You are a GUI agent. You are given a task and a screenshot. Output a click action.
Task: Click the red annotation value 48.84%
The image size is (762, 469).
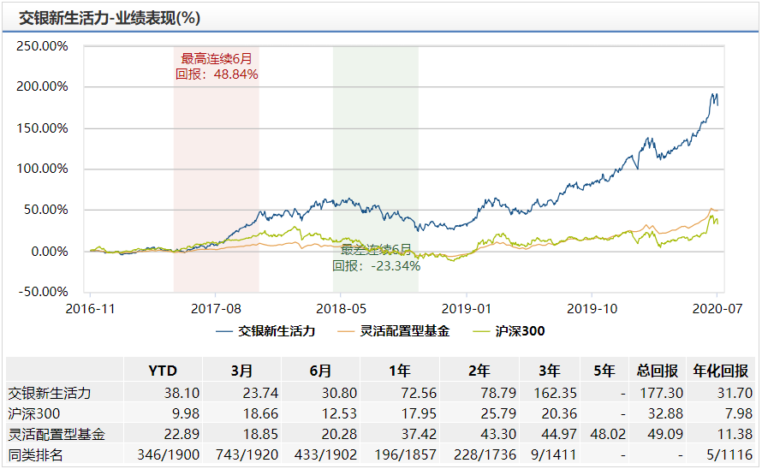(x=230, y=74)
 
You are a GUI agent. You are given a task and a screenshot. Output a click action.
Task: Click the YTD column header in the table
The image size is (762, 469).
(x=162, y=371)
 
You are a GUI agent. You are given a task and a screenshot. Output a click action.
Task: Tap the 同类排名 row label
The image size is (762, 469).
(x=37, y=454)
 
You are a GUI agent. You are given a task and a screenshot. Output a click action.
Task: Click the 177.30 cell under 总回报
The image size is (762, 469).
(x=658, y=393)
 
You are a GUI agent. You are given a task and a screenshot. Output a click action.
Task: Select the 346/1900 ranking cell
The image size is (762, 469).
(x=162, y=454)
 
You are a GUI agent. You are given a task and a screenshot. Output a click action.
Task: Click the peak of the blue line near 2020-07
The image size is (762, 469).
(x=714, y=93)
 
